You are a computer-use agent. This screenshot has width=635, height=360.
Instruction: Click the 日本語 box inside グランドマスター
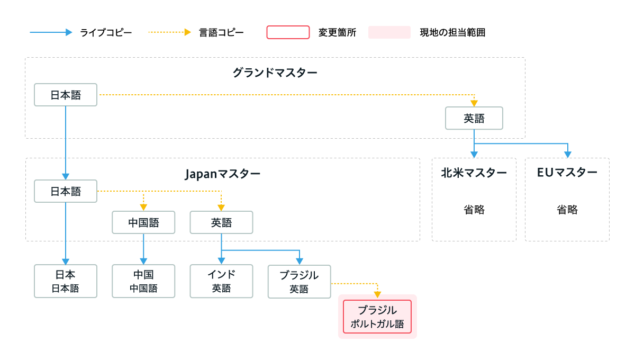tap(66, 95)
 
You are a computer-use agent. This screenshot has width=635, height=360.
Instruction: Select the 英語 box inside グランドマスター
tap(474, 118)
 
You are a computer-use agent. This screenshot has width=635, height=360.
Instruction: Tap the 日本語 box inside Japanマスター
tap(66, 191)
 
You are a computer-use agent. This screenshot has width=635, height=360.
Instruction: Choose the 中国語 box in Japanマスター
tap(143, 222)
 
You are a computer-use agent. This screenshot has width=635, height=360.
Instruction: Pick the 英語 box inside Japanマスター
tap(221, 222)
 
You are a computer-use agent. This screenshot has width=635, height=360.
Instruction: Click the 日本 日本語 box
tap(66, 281)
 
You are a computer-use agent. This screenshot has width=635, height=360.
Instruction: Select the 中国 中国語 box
tap(143, 281)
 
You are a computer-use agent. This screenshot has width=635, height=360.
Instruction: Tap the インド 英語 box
tap(221, 281)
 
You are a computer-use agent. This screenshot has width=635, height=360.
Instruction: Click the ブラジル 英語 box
tap(300, 282)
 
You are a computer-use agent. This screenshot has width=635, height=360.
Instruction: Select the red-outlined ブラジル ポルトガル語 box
tap(377, 317)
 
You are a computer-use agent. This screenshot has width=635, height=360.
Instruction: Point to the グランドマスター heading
tap(275, 73)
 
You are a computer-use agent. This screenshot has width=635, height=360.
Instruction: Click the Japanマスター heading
tap(223, 174)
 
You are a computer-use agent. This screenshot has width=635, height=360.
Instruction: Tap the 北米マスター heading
tap(474, 173)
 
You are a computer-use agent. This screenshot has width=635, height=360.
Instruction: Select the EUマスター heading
tap(567, 173)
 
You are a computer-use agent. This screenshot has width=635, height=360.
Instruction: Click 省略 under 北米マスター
tap(474, 210)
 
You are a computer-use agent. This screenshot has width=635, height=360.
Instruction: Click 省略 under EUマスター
tap(567, 210)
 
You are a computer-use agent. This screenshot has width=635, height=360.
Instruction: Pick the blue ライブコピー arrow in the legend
tap(51, 32)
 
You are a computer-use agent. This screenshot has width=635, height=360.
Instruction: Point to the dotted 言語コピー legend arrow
tap(170, 32)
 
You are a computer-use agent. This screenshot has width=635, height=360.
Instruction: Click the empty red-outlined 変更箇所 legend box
tap(288, 32)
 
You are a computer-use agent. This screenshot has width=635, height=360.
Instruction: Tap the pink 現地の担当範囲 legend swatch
tap(389, 32)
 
